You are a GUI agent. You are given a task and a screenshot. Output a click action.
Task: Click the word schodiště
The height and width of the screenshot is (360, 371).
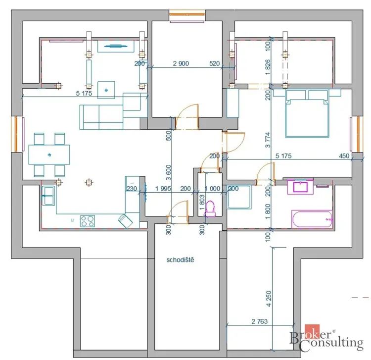tap(180, 260)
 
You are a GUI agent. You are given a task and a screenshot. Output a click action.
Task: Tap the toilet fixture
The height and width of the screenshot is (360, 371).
tap(210, 208)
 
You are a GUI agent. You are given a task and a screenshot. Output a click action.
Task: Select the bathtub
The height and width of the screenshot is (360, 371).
tap(312, 219)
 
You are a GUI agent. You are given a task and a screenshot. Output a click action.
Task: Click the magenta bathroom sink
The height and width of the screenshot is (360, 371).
tap(300, 186)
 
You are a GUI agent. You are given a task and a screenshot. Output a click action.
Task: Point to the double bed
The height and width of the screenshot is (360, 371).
tap(307, 113)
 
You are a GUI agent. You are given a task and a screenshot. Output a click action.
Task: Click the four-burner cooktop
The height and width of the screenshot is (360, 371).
tap(88, 221)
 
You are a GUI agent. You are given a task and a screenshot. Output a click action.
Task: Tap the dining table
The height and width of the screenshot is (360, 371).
tap(49, 154)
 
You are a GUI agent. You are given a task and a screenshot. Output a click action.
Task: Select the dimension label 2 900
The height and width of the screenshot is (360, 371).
tap(181, 63)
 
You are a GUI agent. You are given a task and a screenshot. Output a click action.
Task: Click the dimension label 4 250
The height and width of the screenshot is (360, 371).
tap(269, 299)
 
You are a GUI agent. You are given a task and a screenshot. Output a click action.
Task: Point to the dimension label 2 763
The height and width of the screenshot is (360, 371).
tap(260, 321)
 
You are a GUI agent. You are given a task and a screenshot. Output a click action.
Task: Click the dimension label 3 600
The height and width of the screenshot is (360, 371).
tap(168, 173)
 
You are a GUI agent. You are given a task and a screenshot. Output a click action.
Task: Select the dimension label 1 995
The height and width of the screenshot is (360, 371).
tap(163, 189)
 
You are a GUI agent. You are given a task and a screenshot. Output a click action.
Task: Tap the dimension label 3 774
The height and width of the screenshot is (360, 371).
tap(268, 140)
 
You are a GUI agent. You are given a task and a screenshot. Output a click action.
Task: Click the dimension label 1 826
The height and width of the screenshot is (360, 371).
tap(268, 67)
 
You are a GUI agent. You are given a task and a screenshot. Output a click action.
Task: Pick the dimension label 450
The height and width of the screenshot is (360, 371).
tap(344, 156)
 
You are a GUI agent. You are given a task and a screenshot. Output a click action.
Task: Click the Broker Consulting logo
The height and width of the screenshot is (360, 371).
tap(327, 338)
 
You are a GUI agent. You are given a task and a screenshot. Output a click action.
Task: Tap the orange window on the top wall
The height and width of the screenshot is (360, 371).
tap(187, 14)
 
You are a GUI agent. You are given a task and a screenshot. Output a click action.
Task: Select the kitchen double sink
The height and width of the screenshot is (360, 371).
tap(49, 196)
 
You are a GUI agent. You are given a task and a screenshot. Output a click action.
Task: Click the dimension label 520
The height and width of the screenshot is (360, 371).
tap(215, 63)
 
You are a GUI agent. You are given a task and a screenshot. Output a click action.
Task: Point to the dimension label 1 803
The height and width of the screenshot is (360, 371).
tap(202, 203)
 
